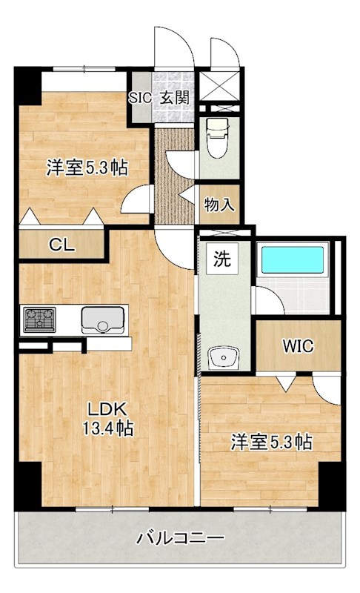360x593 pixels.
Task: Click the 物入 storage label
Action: click(219, 204)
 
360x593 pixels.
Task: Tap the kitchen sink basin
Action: click(103, 321)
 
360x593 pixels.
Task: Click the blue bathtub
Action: click(293, 261)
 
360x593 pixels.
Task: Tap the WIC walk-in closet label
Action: click(298, 345)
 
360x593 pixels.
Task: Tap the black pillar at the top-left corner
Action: click(27, 85)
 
